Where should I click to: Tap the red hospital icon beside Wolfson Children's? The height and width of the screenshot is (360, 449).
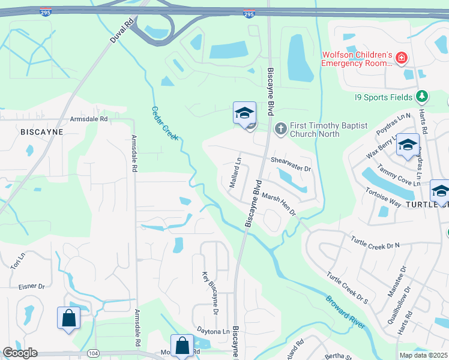click(x=402, y=59)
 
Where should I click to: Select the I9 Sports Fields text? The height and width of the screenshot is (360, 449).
click(x=383, y=97)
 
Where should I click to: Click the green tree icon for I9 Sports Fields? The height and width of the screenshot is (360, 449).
click(x=422, y=96)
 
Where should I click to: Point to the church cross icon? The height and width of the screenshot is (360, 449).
click(x=280, y=128)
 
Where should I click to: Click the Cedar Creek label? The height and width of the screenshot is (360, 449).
click(x=164, y=123)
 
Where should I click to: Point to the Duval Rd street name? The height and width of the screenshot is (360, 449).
click(x=121, y=29)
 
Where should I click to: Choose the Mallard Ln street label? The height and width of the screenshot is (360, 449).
click(x=235, y=173)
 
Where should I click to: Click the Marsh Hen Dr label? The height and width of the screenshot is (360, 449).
click(x=279, y=204)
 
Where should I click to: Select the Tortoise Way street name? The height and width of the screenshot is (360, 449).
click(x=383, y=197)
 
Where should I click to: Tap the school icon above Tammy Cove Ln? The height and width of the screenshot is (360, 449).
click(x=408, y=146)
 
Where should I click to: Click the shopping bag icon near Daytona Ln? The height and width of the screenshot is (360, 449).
click(x=182, y=346)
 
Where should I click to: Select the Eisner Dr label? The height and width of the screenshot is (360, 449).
click(x=32, y=287)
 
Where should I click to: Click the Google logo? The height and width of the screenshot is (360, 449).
click(x=19, y=353)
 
